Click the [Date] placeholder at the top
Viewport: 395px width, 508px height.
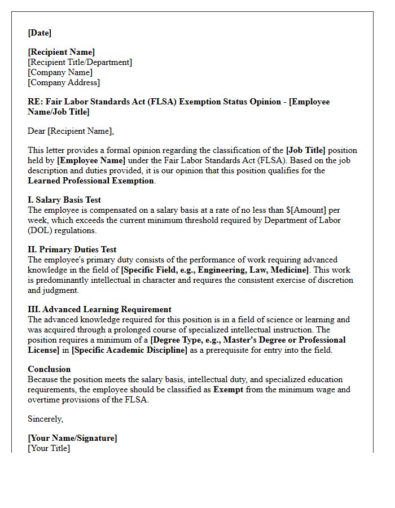(39, 33)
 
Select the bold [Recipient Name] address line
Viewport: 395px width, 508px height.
(62, 52)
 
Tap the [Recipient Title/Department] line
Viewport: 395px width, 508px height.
(80, 62)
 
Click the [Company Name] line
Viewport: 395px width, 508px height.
(60, 72)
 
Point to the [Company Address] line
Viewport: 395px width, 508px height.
(64, 82)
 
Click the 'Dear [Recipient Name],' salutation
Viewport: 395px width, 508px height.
(71, 131)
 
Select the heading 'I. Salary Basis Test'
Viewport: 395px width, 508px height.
(64, 200)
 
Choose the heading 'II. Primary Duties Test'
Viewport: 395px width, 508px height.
(72, 249)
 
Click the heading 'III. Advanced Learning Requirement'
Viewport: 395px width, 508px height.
(99, 309)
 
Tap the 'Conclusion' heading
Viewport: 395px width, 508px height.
(49, 369)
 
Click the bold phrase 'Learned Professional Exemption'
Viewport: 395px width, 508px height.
(91, 181)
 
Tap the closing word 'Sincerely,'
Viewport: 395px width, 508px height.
(46, 419)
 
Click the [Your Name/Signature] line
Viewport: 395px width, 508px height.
(72, 438)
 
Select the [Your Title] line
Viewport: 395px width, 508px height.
(49, 448)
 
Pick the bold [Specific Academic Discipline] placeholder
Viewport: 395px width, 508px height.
(129, 350)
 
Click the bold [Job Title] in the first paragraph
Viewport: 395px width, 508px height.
(306, 150)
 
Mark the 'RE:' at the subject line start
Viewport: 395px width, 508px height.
(35, 102)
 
